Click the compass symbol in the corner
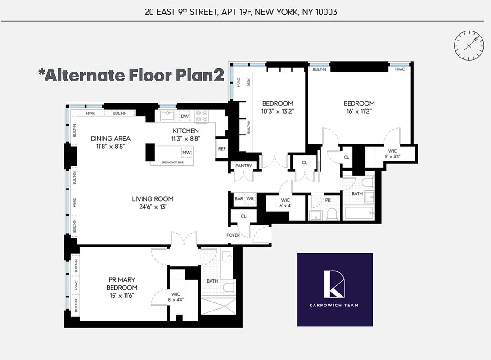click(x=468, y=45)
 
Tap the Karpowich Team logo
click(x=334, y=289)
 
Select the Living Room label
click(x=153, y=199)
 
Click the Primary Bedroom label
click(x=122, y=283)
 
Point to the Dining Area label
click(x=111, y=139)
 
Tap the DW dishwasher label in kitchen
click(x=185, y=116)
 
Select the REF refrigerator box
click(x=222, y=149)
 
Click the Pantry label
click(x=243, y=166)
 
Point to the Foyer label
click(x=234, y=235)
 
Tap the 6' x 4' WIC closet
click(x=286, y=203)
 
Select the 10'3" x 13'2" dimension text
click(x=278, y=111)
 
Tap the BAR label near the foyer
click(x=239, y=198)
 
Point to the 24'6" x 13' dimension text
click(x=153, y=207)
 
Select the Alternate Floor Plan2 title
click(x=131, y=75)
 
